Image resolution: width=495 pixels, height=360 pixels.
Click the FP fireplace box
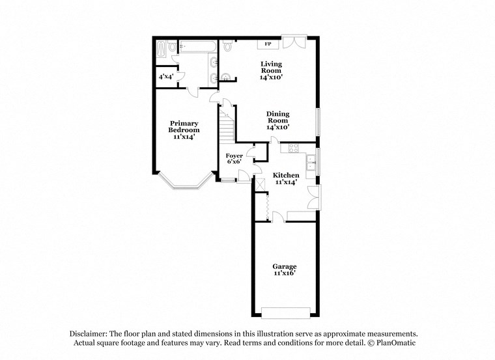click(x=268, y=44)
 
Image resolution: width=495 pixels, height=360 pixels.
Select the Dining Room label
click(x=277, y=120)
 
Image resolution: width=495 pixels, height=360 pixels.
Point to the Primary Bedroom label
click(x=184, y=130)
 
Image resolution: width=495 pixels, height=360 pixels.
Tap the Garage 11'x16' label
click(x=285, y=270)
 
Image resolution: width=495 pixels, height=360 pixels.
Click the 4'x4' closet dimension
click(x=165, y=77)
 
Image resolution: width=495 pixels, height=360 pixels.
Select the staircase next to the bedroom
click(x=226, y=125)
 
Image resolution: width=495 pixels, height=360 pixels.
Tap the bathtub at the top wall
click(x=197, y=46)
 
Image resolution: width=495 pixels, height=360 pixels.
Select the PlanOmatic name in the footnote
click(x=395, y=342)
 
